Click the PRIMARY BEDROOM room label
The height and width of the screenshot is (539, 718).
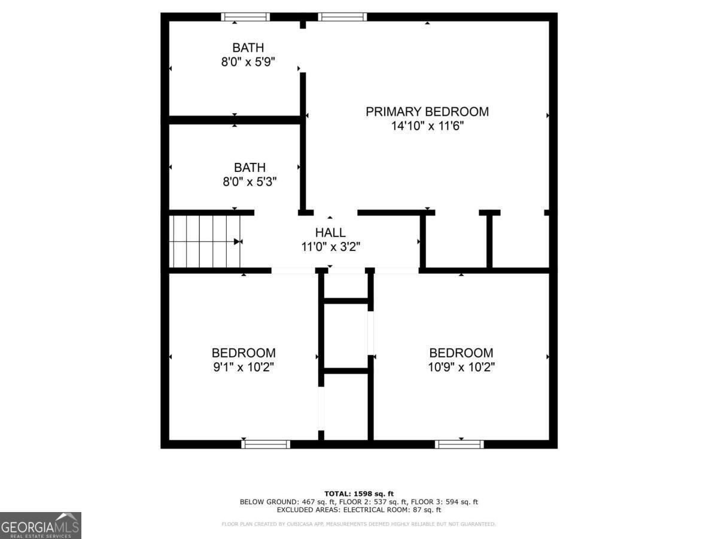[x=427, y=111]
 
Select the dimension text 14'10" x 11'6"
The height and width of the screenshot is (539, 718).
[x=427, y=126]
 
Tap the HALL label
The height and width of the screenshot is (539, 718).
[x=330, y=232]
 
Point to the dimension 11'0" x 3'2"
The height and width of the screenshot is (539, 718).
[x=330, y=246]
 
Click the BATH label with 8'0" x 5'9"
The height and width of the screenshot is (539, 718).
[x=248, y=47]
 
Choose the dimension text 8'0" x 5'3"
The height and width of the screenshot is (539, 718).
[x=250, y=181]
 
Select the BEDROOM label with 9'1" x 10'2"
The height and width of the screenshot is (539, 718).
[x=244, y=353]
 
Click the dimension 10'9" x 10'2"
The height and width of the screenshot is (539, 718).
[x=461, y=367]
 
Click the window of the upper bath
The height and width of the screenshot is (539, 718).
[x=245, y=17]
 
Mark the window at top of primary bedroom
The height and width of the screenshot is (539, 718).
[x=342, y=17]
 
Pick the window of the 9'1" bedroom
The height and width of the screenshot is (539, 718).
[x=266, y=444]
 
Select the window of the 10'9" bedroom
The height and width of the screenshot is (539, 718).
[x=460, y=444]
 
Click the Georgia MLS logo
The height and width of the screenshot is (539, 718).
[x=40, y=525]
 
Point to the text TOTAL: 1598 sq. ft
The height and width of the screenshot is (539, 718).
[x=359, y=493]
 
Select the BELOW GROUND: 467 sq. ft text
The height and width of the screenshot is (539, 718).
[x=280, y=502]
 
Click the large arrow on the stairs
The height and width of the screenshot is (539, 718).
[x=238, y=242]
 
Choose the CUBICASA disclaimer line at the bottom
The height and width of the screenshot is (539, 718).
[x=359, y=524]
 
